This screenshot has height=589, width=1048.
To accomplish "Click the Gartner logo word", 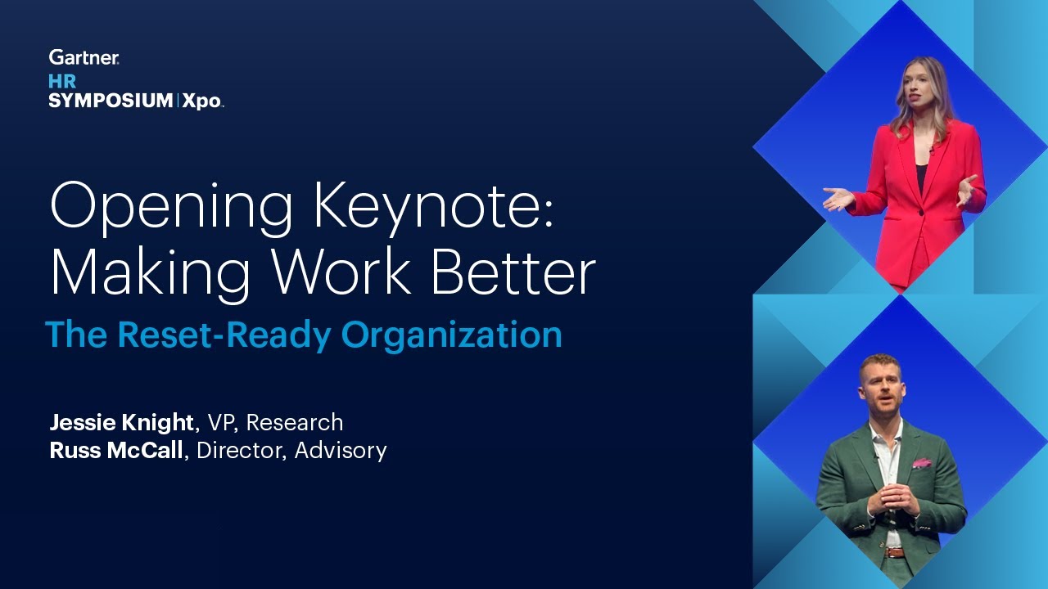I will pyautogui.click(x=84, y=57).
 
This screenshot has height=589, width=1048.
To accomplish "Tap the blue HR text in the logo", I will pyautogui.click(x=62, y=81).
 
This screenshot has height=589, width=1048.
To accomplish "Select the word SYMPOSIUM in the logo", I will pyautogui.click(x=111, y=101).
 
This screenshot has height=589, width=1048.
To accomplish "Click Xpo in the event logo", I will pyautogui.click(x=201, y=101).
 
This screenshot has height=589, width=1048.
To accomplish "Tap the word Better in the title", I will pyautogui.click(x=513, y=274).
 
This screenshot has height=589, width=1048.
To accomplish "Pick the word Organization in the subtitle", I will pyautogui.click(x=452, y=335).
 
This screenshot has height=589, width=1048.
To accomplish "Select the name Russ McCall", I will pyautogui.click(x=116, y=450).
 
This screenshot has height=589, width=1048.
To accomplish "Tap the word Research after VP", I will pyautogui.click(x=295, y=422).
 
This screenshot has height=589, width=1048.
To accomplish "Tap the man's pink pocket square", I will pyautogui.click(x=922, y=463).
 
